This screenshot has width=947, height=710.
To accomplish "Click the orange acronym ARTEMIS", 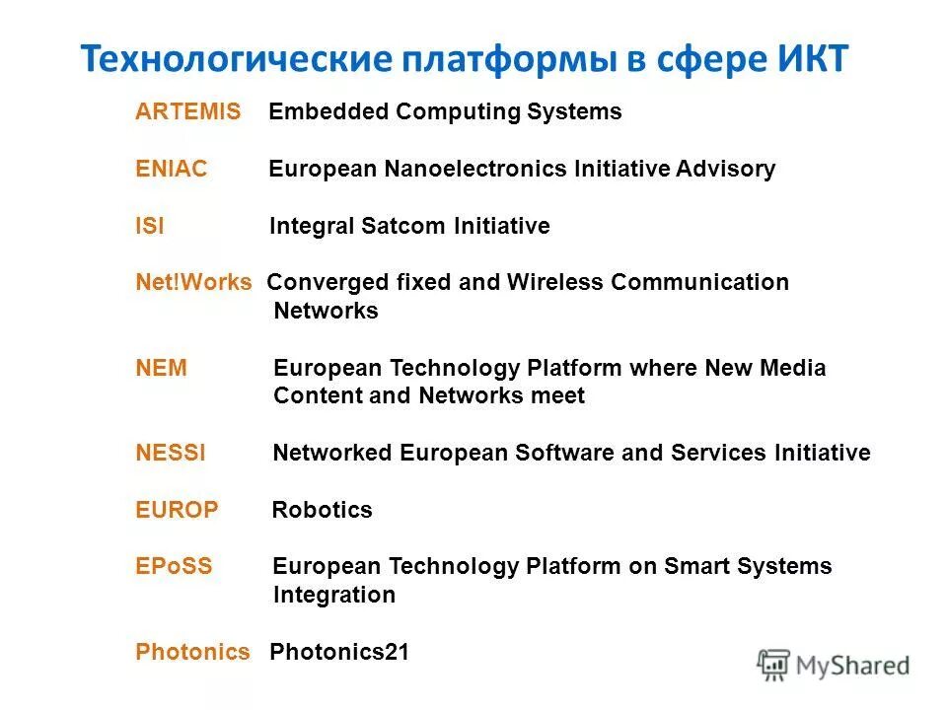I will (x=187, y=112).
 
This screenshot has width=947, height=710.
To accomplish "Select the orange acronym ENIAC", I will (x=172, y=170).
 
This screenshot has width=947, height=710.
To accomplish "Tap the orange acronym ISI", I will (x=150, y=227).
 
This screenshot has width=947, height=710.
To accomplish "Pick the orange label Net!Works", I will (x=193, y=283).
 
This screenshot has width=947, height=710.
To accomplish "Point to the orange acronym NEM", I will (x=161, y=369).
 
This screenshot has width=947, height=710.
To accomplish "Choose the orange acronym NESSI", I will (x=171, y=454).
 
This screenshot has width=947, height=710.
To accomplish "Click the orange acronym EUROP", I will (x=177, y=511).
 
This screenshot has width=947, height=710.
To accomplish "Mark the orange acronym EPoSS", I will (x=174, y=567).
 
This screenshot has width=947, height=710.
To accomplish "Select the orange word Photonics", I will (x=192, y=653).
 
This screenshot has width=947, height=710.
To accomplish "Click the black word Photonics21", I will (x=339, y=653).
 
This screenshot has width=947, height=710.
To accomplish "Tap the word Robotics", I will (x=323, y=511).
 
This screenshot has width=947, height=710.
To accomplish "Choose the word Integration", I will (x=334, y=596).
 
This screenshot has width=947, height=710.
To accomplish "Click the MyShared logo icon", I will (x=774, y=666).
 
